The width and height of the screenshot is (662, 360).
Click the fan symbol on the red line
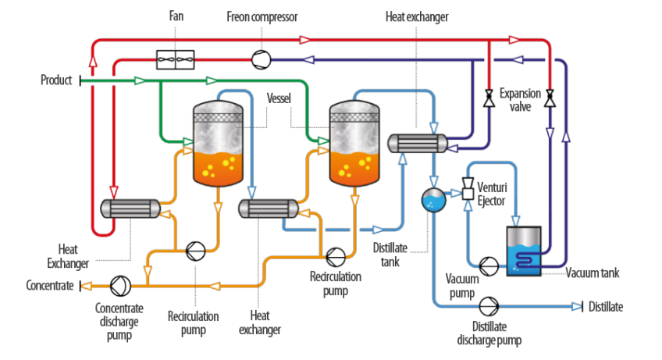pyautogui.click(x=175, y=58)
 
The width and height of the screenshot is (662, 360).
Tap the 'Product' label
pyautogui.click(x=56, y=80)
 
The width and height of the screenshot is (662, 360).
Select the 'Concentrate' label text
pyautogui.click(x=50, y=286)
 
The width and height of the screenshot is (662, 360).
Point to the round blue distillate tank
pyautogui.click(x=432, y=200)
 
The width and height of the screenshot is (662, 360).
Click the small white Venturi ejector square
pyautogui.click(x=468, y=193)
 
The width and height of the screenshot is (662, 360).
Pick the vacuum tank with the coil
pyautogui.click(x=523, y=251)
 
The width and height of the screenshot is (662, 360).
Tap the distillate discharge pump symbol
pyautogui.click(x=489, y=306)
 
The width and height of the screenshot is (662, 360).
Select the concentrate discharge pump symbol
pyautogui.click(x=119, y=286)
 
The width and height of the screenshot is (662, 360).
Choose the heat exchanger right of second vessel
pyautogui.click(x=417, y=142)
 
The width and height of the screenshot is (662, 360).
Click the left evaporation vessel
pyautogui.click(x=218, y=144)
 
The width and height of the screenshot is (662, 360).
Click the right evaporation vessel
pyautogui.click(x=355, y=144)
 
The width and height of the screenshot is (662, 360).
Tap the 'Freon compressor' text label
pyautogui.click(x=262, y=16)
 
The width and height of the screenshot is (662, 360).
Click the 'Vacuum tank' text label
pyautogui.click(x=591, y=273)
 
